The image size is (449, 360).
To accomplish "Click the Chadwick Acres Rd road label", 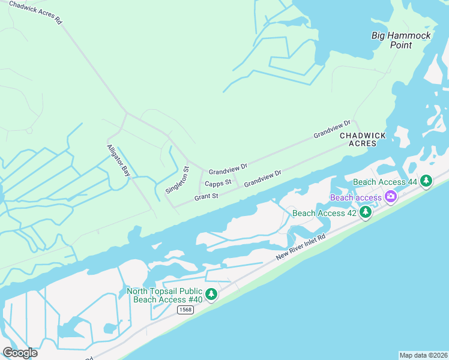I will (x=35, y=12).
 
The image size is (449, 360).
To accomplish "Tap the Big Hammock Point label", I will (x=401, y=40).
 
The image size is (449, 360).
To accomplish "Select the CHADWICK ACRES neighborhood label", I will (x=363, y=140).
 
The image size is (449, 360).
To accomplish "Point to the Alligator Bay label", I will (x=118, y=160).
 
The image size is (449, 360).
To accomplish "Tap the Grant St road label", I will (x=206, y=197).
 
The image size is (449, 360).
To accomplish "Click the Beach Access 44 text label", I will (x=385, y=182).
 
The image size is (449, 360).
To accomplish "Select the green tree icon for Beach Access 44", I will (x=426, y=180).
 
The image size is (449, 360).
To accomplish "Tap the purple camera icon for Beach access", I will (x=391, y=196).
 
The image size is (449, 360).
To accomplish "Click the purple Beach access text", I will (x=355, y=197).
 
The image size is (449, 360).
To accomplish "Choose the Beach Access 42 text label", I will (x=324, y=213).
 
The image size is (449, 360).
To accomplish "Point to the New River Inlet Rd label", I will (x=300, y=247).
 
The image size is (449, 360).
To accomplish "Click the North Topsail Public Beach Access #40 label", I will (x=164, y=295).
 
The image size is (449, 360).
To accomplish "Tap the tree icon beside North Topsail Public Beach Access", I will (x=211, y=294).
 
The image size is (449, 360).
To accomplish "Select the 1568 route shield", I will (x=185, y=310).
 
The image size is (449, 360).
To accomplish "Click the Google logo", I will (x=20, y=353).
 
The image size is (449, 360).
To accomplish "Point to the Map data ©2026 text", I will (x=423, y=355).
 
